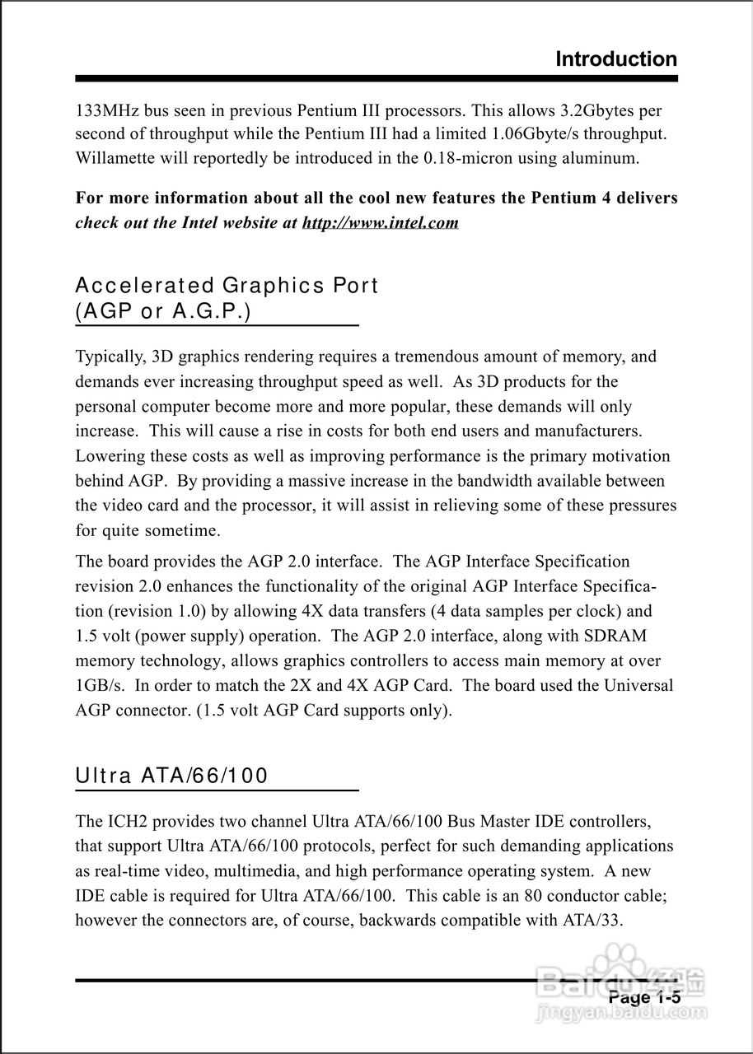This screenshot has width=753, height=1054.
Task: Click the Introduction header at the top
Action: click(x=616, y=59)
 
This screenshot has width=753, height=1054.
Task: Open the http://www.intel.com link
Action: click(x=381, y=223)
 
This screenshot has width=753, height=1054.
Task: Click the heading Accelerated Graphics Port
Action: click(x=227, y=286)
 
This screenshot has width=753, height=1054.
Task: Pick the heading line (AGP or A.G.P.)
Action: click(x=163, y=313)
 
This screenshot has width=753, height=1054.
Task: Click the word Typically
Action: click(x=109, y=357)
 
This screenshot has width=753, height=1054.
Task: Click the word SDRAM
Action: click(x=617, y=636)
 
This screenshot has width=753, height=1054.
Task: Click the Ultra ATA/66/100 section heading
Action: click(x=171, y=776)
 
